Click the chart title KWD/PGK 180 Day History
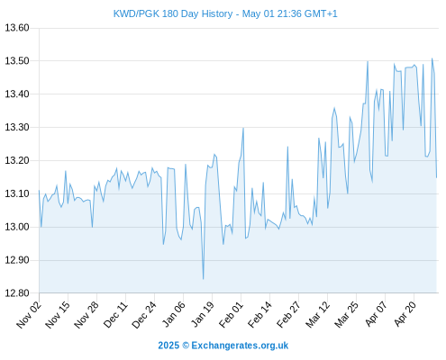pyautogui.click(x=173, y=13)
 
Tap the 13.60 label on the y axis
pyautogui.click(x=17, y=28)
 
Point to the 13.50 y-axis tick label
pyautogui.click(x=17, y=61)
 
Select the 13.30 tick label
pyautogui.click(x=17, y=127)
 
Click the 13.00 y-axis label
pyautogui.click(x=17, y=227)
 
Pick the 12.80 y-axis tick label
pyautogui.click(x=17, y=293)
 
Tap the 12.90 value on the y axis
pyautogui.click(x=17, y=260)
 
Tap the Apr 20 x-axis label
pyautogui.click(x=405, y=314)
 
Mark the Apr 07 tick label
pyautogui.click(x=376, y=314)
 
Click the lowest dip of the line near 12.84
pyautogui.click(x=204, y=279)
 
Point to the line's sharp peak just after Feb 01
pyautogui.click(x=243, y=128)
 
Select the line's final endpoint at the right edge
pyautogui.click(x=437, y=177)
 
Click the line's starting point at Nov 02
pyautogui.click(x=39, y=190)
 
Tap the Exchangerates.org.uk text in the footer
pyautogui.click(x=240, y=346)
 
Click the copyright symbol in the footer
pyautogui.click(x=186, y=346)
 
